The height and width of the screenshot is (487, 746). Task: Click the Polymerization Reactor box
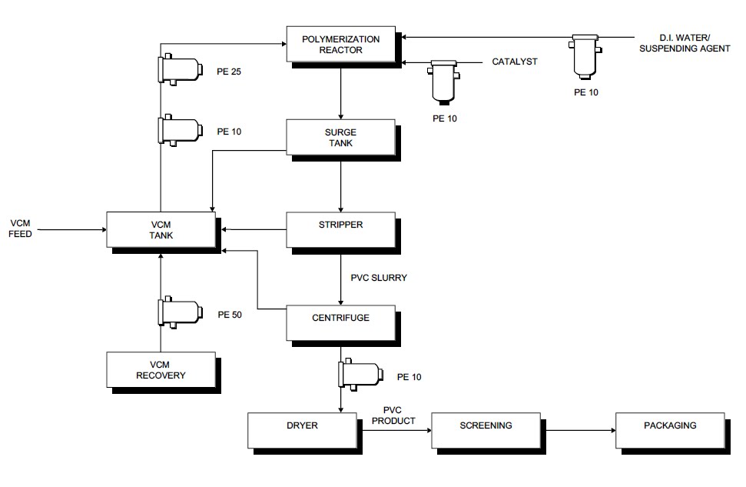(342, 44)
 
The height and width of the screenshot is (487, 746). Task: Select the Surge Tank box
(340, 137)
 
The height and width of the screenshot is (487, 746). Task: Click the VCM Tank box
(161, 229)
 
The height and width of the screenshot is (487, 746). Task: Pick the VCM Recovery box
(161, 369)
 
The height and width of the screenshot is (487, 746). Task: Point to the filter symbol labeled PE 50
(178, 313)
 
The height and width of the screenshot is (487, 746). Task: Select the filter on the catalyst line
(443, 80)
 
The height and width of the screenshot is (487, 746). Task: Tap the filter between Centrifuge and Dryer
(359, 375)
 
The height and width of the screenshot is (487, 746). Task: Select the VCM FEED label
(21, 228)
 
